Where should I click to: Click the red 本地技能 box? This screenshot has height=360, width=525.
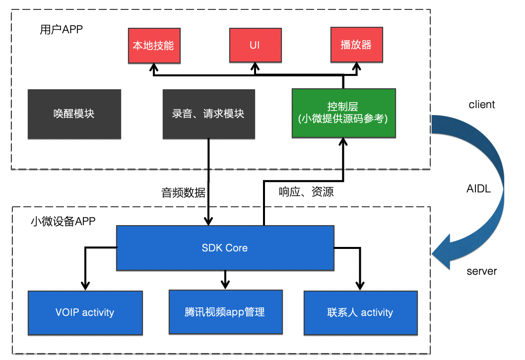(x=153, y=46)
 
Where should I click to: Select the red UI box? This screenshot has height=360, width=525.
(x=255, y=46)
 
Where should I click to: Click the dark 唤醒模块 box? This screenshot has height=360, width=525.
(x=74, y=114)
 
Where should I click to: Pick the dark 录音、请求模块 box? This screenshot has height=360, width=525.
(x=208, y=114)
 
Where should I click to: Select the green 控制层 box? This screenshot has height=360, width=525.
(x=343, y=113)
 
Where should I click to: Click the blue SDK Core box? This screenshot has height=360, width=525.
(x=225, y=248)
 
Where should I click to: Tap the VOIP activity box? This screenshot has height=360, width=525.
(x=85, y=312)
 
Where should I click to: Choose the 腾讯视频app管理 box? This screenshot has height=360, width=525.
(x=225, y=312)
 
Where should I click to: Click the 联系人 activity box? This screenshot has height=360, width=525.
(x=360, y=312)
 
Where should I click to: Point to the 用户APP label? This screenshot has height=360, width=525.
(x=61, y=30)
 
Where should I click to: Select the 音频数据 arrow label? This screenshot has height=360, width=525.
(x=183, y=193)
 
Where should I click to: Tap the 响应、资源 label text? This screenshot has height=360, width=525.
(x=306, y=192)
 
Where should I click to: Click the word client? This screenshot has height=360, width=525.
(x=481, y=105)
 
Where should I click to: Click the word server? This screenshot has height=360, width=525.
(x=481, y=271)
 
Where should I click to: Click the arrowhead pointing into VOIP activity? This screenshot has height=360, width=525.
(x=85, y=286)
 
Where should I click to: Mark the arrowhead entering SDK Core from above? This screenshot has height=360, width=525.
(x=209, y=221)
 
